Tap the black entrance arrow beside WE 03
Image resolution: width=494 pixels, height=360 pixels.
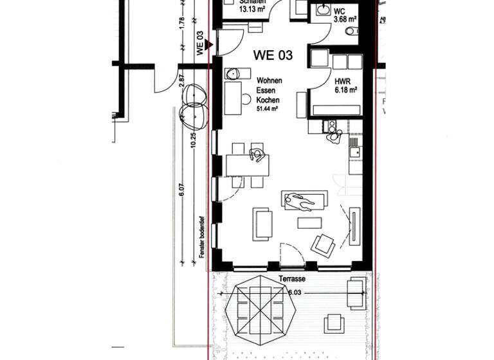pyautogui.click(x=208, y=44)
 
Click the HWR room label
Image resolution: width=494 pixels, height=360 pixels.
pyautogui.click(x=342, y=82)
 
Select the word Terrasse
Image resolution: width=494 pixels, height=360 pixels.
pyautogui.click(x=293, y=280)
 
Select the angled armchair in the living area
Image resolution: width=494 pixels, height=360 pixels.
pyautogui.click(x=322, y=244)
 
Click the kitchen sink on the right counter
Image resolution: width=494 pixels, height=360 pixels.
pyautogui.click(x=354, y=152)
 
